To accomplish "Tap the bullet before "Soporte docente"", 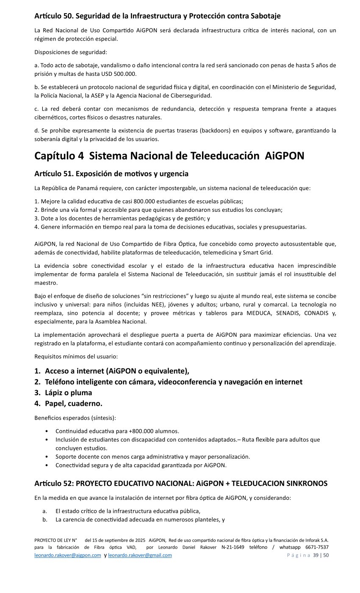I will [46, 457].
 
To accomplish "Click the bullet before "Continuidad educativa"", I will [46, 431].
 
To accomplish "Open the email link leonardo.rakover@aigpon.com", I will [68, 555].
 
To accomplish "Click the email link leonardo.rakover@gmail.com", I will [140, 555].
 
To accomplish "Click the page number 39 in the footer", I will [316, 555].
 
